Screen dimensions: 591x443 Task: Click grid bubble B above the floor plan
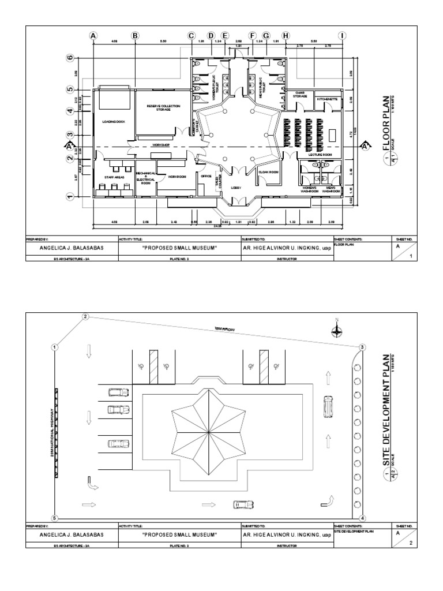[x=135, y=36]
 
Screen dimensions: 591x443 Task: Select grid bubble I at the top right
[x=343, y=36]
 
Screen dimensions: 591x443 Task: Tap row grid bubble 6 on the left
[x=70, y=58]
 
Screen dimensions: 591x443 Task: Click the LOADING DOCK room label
[x=114, y=122]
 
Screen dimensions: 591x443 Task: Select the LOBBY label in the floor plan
[x=235, y=188]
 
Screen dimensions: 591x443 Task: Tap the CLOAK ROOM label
[x=268, y=173]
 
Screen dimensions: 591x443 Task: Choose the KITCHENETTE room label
[x=327, y=99]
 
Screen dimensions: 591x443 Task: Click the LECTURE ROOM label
[x=320, y=155]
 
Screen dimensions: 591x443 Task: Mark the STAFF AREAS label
[x=114, y=178]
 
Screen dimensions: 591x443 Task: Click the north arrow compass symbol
[x=336, y=330]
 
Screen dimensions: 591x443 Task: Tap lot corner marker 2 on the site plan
[x=85, y=316]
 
